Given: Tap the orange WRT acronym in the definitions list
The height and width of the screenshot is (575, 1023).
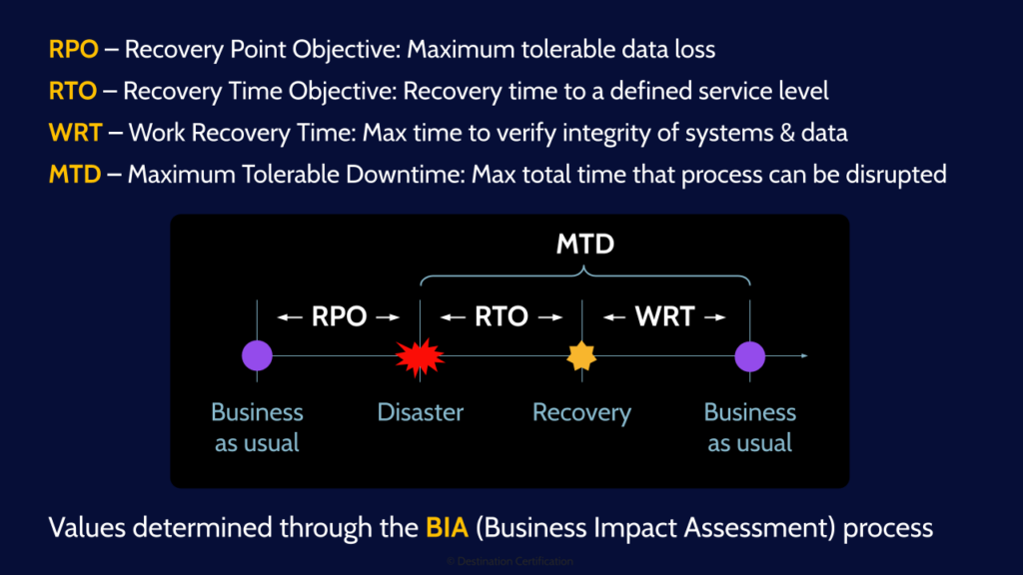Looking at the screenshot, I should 74,133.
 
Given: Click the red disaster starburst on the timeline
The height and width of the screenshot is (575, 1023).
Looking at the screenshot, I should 420,355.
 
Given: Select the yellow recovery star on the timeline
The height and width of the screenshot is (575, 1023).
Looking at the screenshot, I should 581,355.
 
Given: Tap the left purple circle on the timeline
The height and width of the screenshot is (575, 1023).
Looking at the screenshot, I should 257,355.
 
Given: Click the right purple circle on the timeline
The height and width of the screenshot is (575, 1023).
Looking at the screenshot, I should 749,355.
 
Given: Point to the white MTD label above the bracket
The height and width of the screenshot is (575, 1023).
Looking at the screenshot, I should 585,245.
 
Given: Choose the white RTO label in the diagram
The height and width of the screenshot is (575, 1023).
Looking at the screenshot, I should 501,317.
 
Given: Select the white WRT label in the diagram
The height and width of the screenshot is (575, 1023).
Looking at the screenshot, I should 664,317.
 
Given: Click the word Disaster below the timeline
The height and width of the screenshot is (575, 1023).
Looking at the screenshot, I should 420,412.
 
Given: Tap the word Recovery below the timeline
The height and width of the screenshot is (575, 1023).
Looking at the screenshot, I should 581,412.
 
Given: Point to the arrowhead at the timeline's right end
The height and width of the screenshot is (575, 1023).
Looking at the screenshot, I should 803,355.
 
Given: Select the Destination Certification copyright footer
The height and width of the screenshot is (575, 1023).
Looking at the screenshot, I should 510,562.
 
